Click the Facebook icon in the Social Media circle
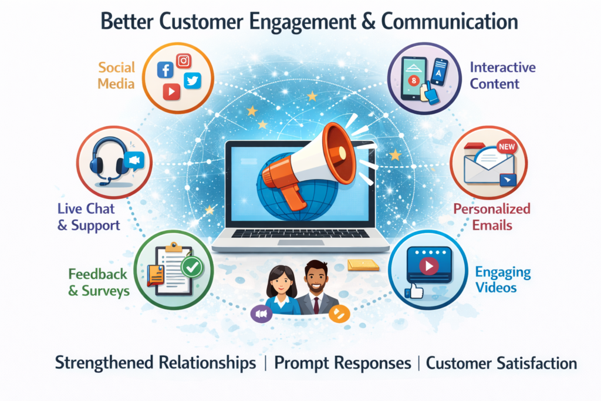click(165, 70)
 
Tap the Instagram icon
click(184, 60)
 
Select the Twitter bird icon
click(193, 80)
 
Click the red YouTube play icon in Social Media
click(171, 92)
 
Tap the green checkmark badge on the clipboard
click(192, 267)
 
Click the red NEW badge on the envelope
click(507, 147)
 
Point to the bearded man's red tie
click(316, 305)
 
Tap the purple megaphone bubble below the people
click(261, 314)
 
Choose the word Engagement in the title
click(302, 22)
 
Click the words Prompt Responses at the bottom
click(342, 363)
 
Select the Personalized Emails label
click(492, 217)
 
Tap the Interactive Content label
click(502, 76)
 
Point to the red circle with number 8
click(414, 80)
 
